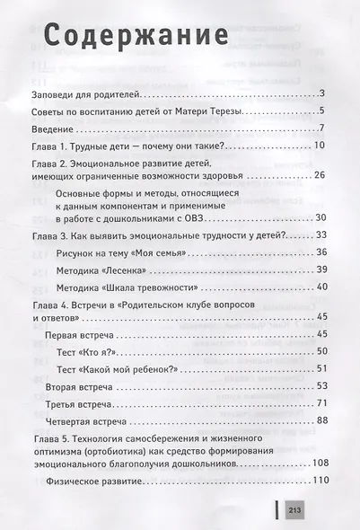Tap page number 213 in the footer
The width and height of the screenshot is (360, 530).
295,511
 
